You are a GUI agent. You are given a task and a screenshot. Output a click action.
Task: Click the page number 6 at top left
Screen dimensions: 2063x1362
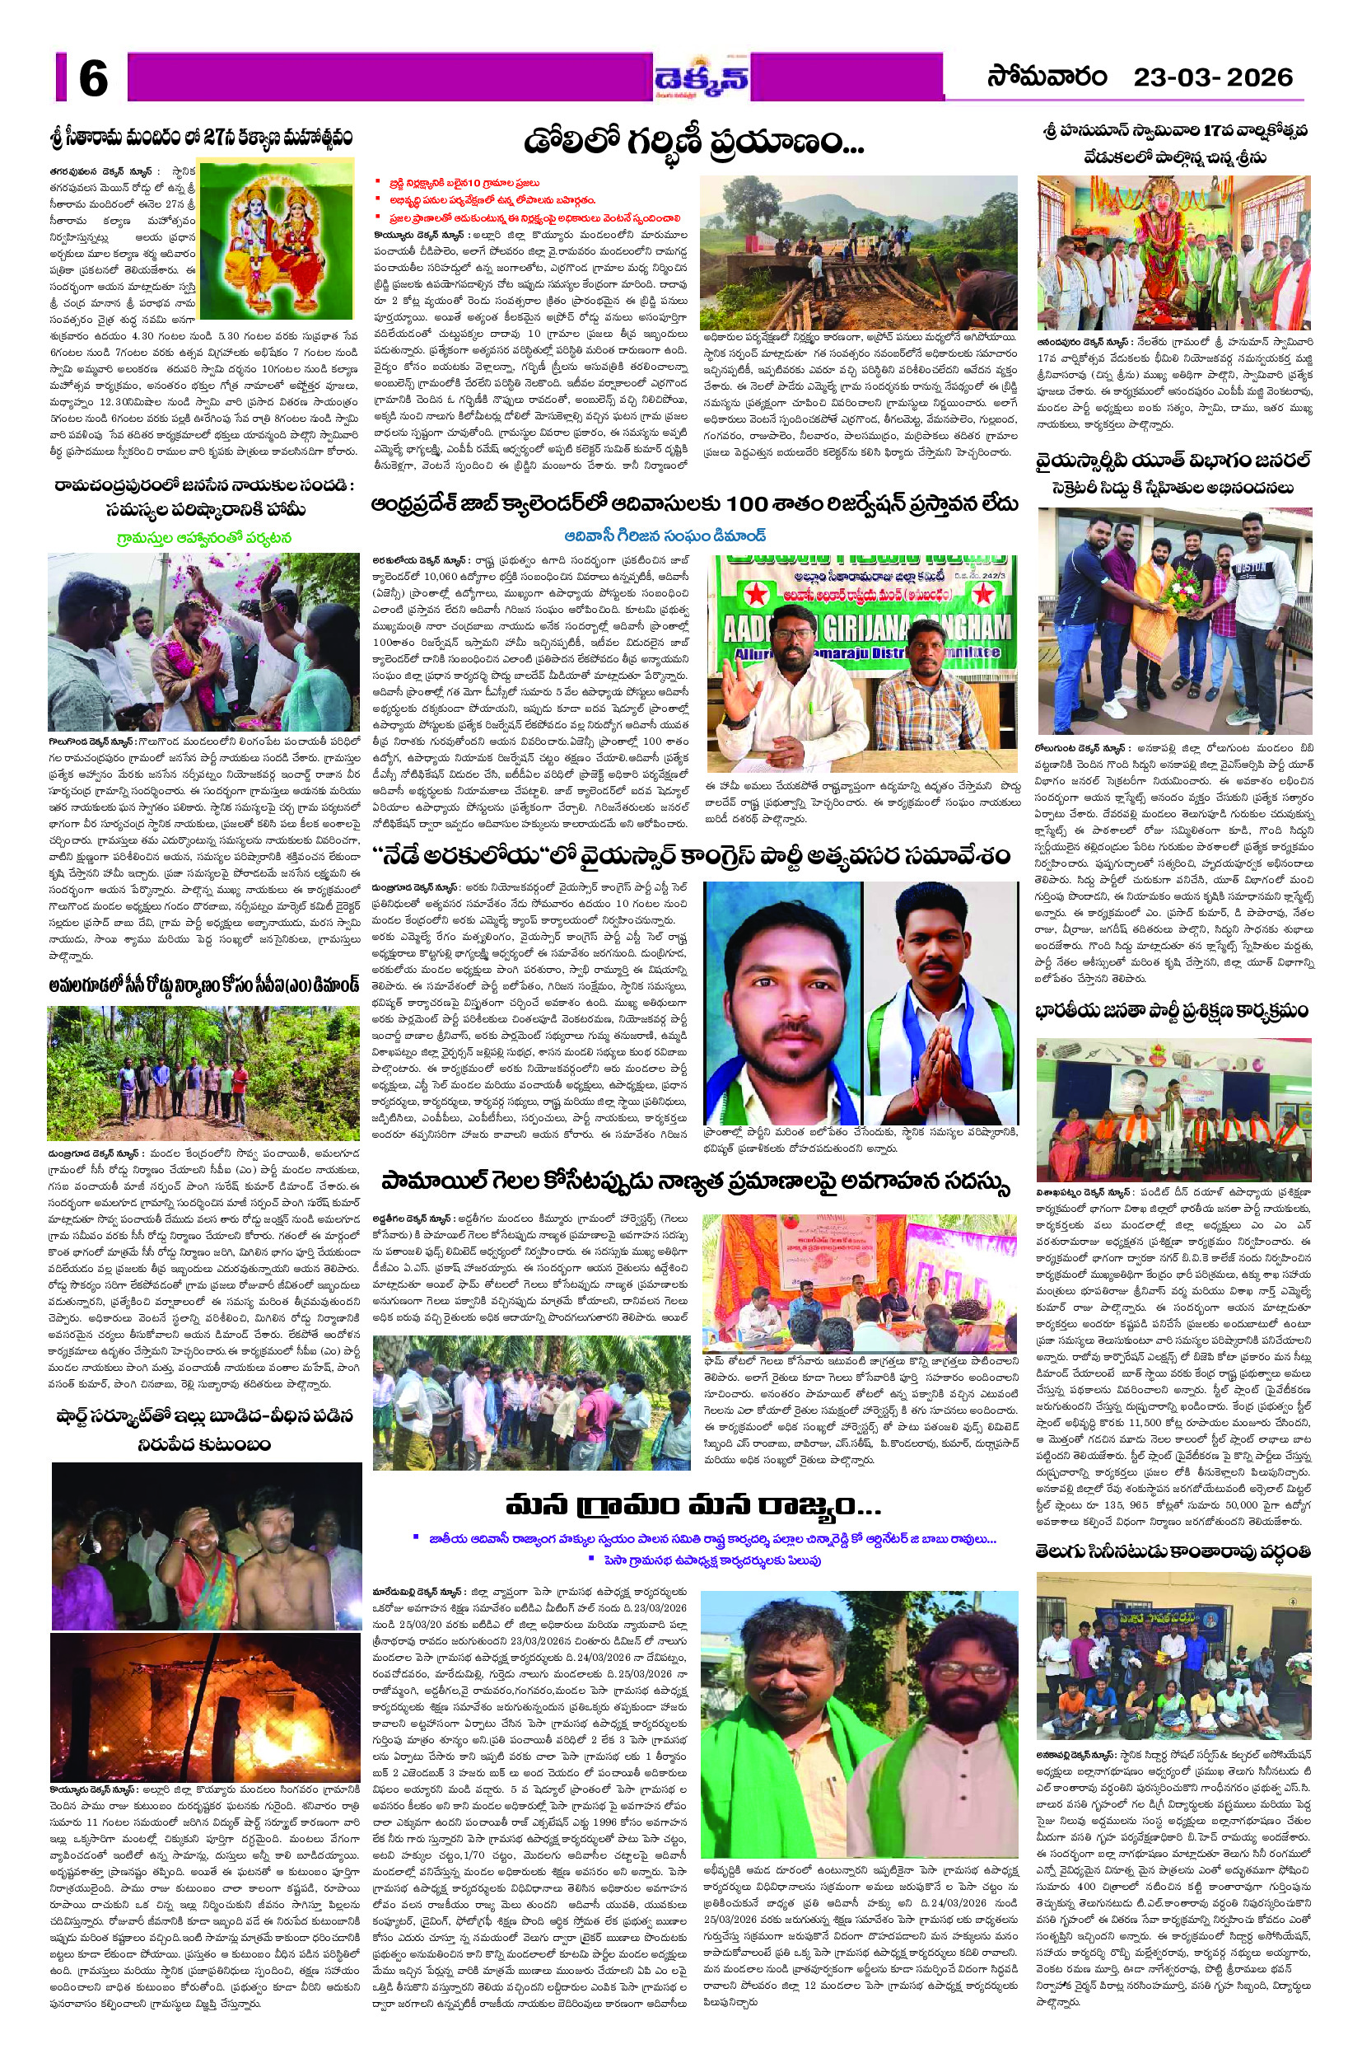click(x=93, y=79)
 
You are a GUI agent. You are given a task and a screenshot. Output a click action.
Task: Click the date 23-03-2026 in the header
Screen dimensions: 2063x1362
click(x=1213, y=77)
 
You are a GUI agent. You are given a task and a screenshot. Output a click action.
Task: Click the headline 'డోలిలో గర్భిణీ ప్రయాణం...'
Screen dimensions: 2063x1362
click(x=693, y=140)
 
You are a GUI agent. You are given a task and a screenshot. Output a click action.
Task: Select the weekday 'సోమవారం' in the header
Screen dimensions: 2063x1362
click(x=1047, y=77)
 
